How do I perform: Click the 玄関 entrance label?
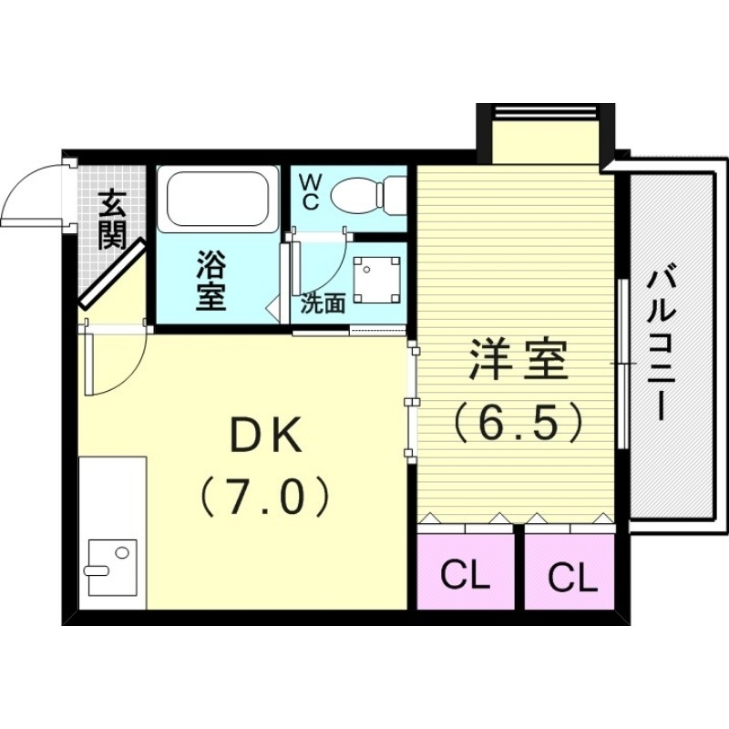tap(113, 220)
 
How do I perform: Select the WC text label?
tap(309, 192)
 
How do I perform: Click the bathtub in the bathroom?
tap(216, 200)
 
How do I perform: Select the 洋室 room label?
tap(519, 363)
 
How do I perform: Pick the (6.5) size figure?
tap(519, 420)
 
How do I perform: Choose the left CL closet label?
tap(465, 575)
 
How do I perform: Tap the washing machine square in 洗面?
tap(378, 280)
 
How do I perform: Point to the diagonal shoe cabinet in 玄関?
tap(112, 273)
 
